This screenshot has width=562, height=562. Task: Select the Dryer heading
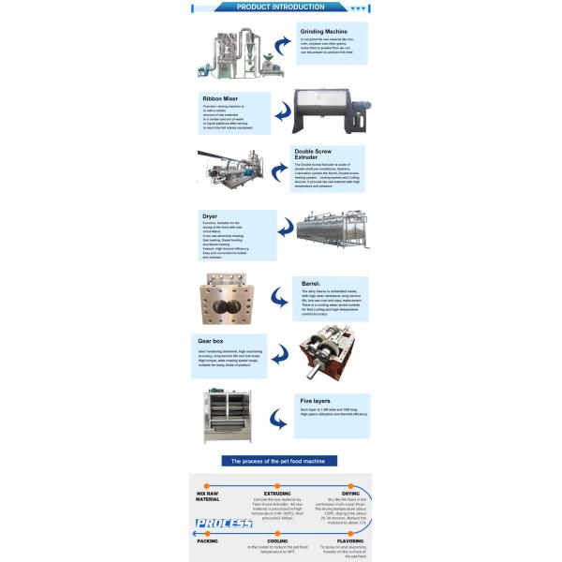point(210,215)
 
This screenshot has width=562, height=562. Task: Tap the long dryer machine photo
point(332,233)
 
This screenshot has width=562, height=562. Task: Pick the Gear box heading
point(210,340)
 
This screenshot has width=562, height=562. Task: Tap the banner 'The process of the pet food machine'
point(281,461)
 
